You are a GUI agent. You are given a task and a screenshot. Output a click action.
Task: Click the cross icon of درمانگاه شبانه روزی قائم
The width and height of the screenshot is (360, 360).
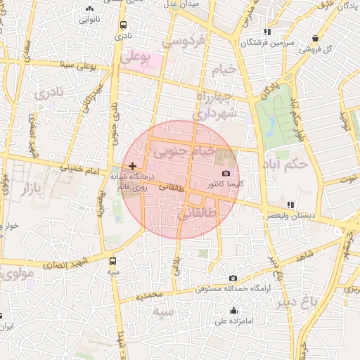[x=133, y=165]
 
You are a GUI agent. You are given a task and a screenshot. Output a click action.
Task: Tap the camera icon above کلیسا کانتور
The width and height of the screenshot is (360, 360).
[x=226, y=173]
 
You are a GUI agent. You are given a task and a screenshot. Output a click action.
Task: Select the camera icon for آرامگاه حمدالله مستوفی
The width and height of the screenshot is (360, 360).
[x=233, y=278]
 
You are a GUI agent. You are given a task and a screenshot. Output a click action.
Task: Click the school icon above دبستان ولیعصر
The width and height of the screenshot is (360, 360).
[x=290, y=205]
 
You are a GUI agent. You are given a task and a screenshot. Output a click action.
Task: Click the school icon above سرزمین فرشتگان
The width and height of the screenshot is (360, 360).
[x=266, y=32]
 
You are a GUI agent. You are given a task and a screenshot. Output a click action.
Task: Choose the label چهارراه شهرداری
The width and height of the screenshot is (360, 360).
[x=216, y=105]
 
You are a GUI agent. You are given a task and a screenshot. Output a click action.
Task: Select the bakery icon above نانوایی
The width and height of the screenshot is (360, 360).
[x=89, y=9]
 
